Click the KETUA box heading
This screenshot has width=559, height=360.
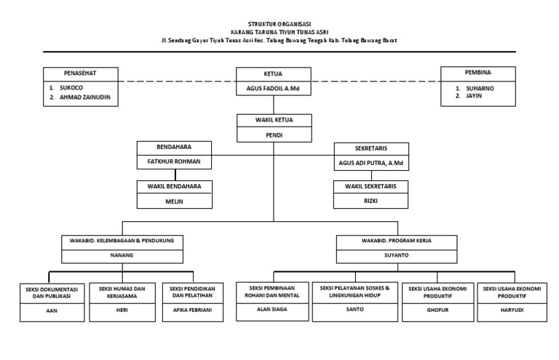274,73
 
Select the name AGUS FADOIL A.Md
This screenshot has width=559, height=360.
274,89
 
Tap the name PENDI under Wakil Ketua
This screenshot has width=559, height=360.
274,135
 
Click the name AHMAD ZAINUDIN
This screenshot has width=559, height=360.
86,97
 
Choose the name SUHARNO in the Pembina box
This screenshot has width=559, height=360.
480,87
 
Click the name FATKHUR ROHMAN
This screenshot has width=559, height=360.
174,161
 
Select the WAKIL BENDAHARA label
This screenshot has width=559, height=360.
174,187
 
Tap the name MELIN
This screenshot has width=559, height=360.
174,202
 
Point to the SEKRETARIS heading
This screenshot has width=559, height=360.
371,148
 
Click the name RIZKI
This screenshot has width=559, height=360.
371,203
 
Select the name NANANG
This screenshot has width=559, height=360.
122,256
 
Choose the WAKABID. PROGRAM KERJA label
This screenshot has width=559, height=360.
397,240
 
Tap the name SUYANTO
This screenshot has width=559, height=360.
397,256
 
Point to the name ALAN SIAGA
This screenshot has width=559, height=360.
272,310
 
